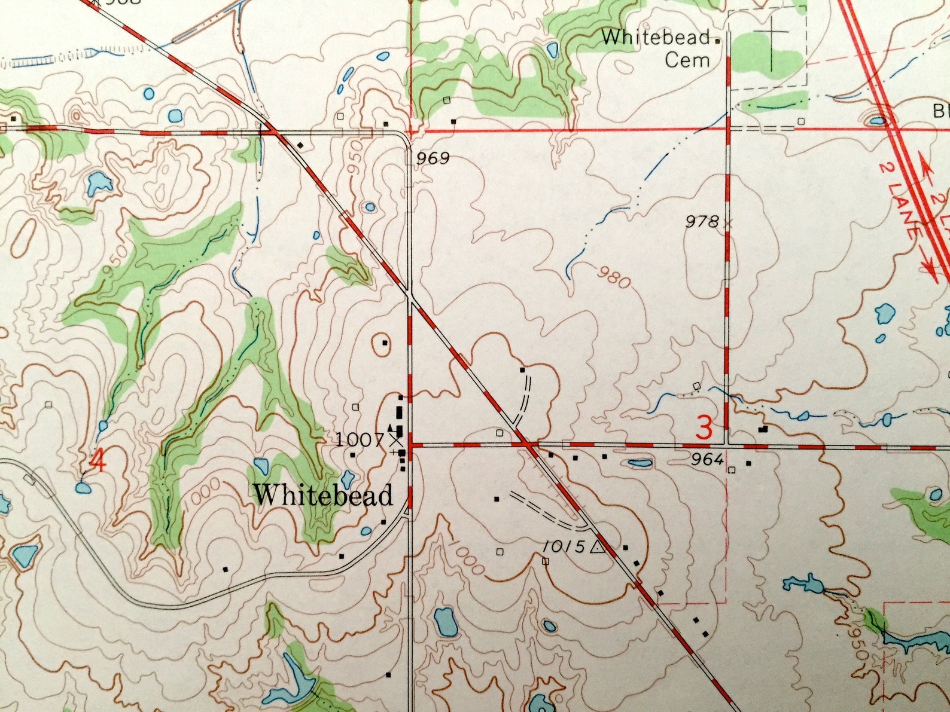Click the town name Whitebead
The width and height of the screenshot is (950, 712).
(323, 495)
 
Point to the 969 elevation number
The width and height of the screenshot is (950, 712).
(433, 158)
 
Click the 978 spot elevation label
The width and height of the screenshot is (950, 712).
(702, 222)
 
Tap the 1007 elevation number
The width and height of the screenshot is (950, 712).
(359, 441)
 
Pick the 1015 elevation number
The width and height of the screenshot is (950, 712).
(565, 546)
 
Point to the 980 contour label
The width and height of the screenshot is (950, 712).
(613, 276)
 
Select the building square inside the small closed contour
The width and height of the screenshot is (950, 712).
(385, 343)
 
